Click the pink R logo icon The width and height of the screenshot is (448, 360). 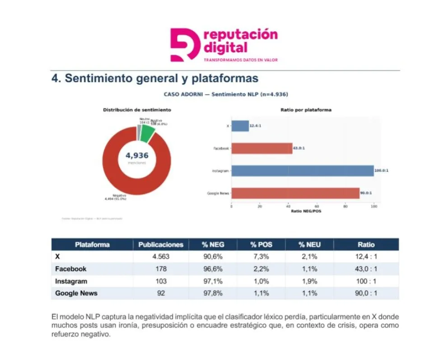point(185,45)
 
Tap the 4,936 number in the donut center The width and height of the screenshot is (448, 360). point(137,156)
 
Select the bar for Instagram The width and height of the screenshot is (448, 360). point(302,171)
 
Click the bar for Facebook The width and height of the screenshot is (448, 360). point(261,148)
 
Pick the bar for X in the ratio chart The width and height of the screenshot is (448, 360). point(240,126)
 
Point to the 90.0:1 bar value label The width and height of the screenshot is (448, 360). point(366,193)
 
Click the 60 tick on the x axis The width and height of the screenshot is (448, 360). point(317,206)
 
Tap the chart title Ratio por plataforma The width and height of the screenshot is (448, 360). point(306,110)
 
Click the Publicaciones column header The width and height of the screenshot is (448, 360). point(161,244)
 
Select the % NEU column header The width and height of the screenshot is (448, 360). point(309,244)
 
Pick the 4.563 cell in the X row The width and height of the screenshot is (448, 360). point(161,257)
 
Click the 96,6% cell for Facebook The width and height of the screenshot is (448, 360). point(213,269)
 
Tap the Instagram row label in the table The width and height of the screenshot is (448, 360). point(71,281)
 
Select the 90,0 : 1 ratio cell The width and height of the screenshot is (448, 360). point(366,293)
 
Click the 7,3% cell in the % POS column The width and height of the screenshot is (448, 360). point(261,257)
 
